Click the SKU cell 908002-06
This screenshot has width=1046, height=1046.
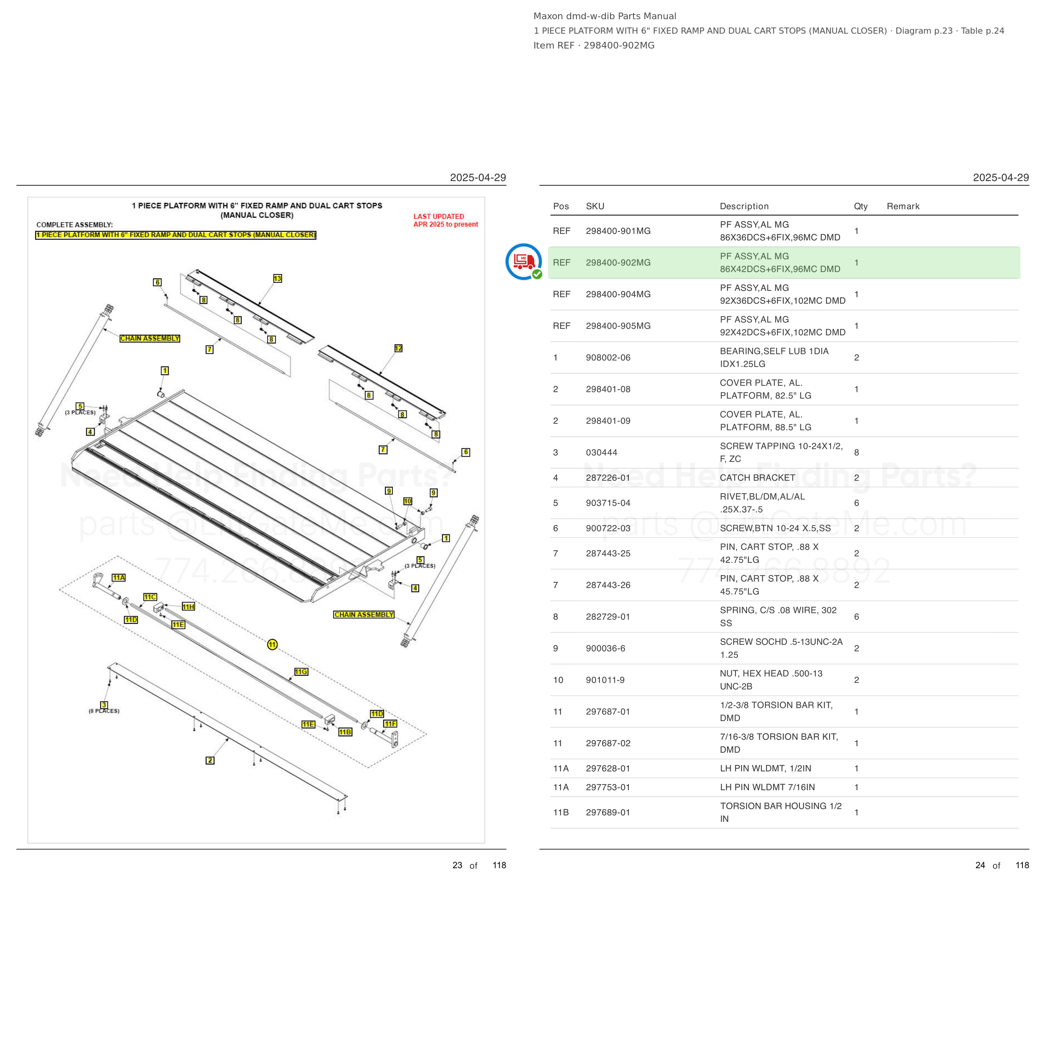click(x=608, y=357)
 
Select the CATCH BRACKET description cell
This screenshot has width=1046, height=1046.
click(x=757, y=477)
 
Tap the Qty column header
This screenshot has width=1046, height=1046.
click(x=860, y=206)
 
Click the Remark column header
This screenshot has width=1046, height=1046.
click(x=902, y=206)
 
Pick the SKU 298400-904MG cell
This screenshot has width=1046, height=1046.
click(x=618, y=294)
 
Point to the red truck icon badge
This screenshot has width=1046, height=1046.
click(x=523, y=262)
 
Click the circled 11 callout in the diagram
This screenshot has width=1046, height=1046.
click(x=272, y=644)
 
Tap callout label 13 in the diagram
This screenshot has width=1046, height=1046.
click(x=277, y=278)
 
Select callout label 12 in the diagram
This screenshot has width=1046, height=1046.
click(x=398, y=348)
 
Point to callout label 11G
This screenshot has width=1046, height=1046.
click(x=301, y=672)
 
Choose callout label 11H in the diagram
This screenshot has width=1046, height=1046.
click(x=188, y=607)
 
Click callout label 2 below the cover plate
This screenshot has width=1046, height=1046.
click(x=210, y=760)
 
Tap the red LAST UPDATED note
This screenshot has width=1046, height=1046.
click(x=445, y=220)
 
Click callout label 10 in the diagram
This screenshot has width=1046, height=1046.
click(x=408, y=501)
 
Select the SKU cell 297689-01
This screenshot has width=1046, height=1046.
click(x=608, y=812)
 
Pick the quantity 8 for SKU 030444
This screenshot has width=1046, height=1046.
click(x=856, y=453)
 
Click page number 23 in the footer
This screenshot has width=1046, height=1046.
click(x=457, y=865)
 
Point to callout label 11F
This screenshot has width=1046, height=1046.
click(x=390, y=724)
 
